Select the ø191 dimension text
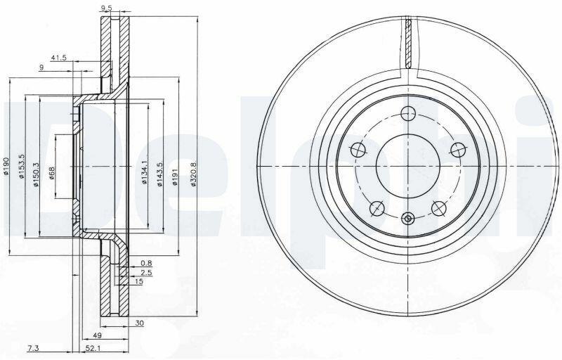[x=175, y=177]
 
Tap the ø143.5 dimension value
[x=160, y=174]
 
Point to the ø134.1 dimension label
[x=145, y=172]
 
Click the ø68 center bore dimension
[x=51, y=173]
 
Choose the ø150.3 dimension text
[x=36, y=174]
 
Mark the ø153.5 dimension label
[x=21, y=167]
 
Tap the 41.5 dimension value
[x=59, y=58]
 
